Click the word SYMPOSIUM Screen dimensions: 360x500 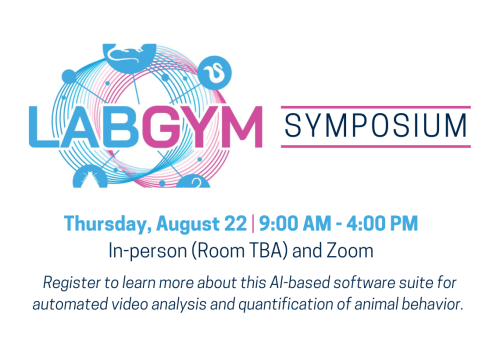pyautogui.click(x=374, y=126)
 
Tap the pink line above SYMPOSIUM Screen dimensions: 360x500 pyautogui.click(x=374, y=103)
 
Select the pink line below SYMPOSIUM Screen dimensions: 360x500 pyautogui.click(x=374, y=147)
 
